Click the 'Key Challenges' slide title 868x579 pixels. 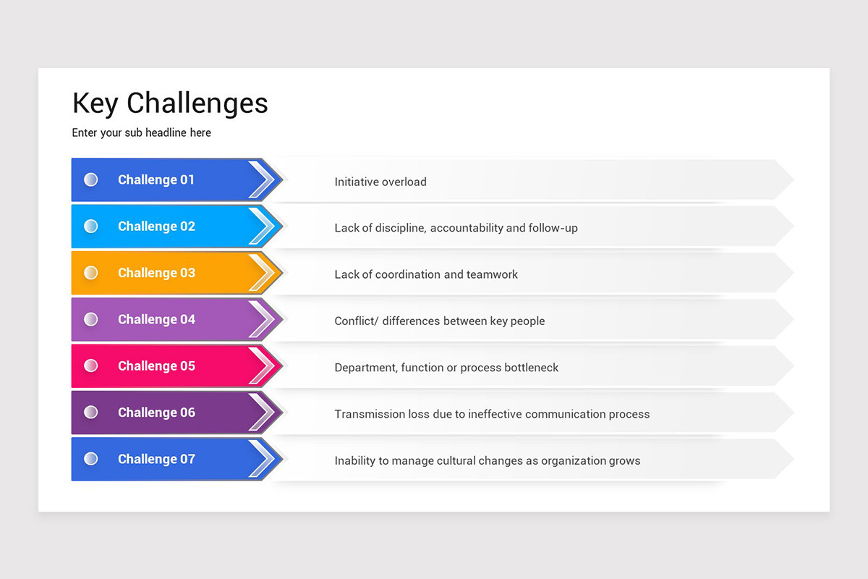(170, 103)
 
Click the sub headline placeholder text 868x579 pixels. (142, 133)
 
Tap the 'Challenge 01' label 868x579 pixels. (156, 180)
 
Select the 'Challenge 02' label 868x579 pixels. (156, 227)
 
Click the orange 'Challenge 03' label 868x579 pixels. (156, 273)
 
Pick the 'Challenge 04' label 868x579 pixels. (156, 319)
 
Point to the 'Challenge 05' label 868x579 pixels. (156, 366)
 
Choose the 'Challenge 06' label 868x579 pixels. (156, 413)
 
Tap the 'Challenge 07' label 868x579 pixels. (156, 459)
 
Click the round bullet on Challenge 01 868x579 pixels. (91, 179)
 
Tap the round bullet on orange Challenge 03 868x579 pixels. (91, 273)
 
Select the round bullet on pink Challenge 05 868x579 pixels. (91, 365)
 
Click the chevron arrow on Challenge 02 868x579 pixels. (264, 227)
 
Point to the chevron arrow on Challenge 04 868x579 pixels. (264, 319)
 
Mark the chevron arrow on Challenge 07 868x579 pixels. (264, 459)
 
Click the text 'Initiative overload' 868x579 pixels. (380, 182)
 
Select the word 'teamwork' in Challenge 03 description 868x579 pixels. (493, 275)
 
